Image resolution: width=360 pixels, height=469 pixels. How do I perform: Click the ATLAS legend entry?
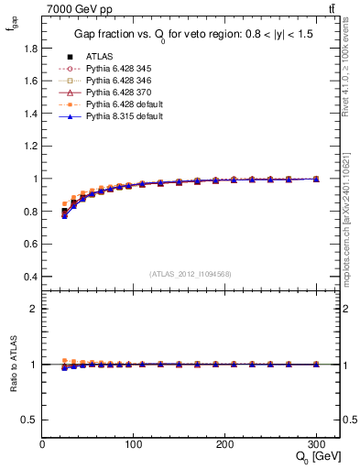pos(98,57)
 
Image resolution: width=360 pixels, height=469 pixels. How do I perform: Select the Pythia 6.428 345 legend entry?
pos(115,69)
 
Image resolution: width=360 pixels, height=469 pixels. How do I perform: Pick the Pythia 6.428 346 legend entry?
pos(115,81)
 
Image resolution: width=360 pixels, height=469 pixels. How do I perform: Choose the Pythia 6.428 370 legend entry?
pos(115,93)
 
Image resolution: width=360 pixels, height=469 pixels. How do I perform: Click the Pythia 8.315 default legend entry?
pos(118,116)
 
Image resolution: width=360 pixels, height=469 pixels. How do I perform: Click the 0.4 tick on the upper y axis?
pos(30,277)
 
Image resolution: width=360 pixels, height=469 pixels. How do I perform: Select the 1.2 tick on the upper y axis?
pos(30,130)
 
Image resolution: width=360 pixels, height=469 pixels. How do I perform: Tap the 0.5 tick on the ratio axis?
pos(30,420)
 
